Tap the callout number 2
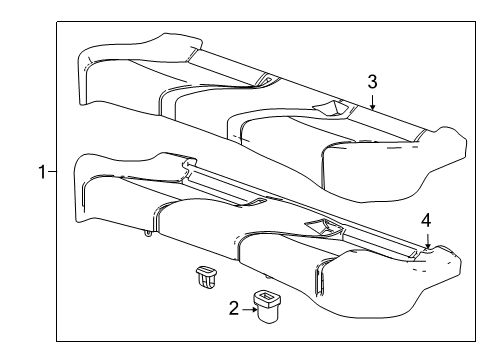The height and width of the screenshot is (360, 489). (235, 309)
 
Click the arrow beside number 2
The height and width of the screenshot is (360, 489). (249, 309)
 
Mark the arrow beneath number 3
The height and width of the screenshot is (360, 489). (371, 98)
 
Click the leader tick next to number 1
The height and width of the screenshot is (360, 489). (54, 172)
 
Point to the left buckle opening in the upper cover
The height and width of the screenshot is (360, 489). (265, 78)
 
